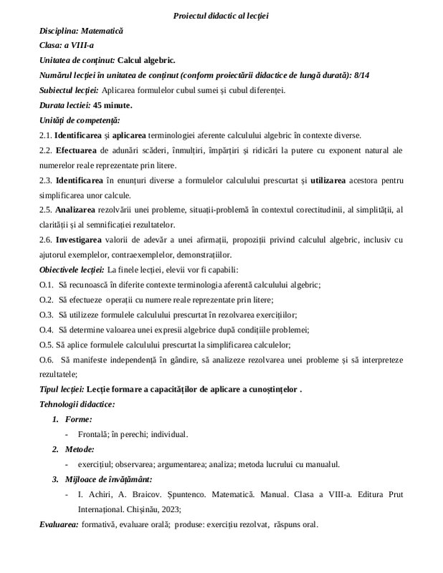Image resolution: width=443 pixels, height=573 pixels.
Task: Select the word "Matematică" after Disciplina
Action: tap(103, 32)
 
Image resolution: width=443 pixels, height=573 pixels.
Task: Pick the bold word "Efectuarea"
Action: tap(81, 150)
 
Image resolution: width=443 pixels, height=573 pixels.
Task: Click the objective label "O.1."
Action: tap(47, 284)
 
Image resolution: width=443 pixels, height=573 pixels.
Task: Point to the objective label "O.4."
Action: tap(47, 329)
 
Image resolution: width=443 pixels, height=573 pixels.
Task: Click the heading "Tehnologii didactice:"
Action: tap(77, 404)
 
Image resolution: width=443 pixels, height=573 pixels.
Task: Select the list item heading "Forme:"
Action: tap(77, 419)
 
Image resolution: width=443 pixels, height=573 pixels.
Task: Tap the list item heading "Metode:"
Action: tap(80, 449)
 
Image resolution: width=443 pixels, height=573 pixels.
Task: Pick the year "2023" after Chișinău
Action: tap(166, 509)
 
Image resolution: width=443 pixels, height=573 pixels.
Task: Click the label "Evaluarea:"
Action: tap(59, 524)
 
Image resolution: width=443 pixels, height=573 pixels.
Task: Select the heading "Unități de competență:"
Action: tap(80, 120)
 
